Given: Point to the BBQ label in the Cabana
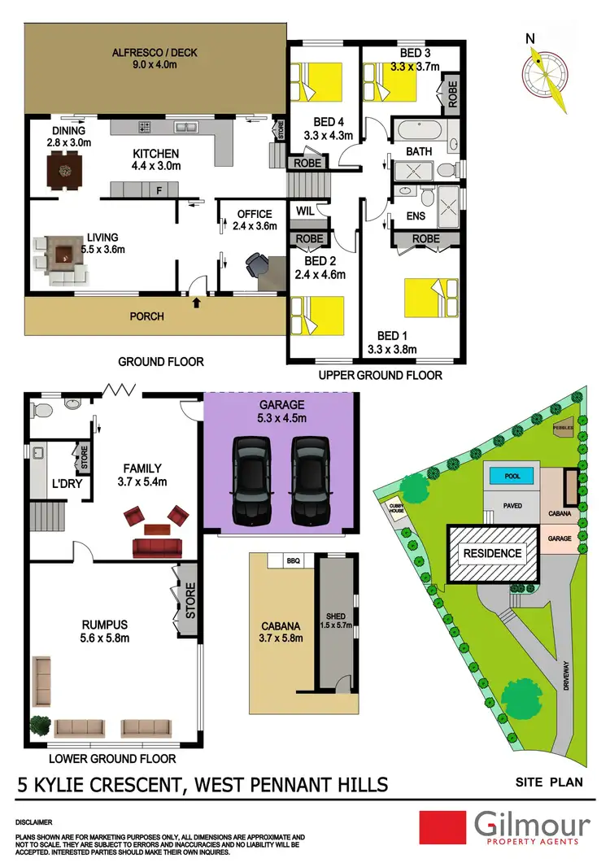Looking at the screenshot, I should pos(294,561).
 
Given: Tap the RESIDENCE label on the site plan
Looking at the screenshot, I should pos(493,554).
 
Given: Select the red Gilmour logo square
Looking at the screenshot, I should pos(439,827).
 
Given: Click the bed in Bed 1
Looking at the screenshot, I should pos(428,298).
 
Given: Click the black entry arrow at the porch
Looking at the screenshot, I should pos(196,303).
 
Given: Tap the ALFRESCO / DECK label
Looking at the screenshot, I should pos(155,54).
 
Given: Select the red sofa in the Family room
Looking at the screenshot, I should pos(155,546).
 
